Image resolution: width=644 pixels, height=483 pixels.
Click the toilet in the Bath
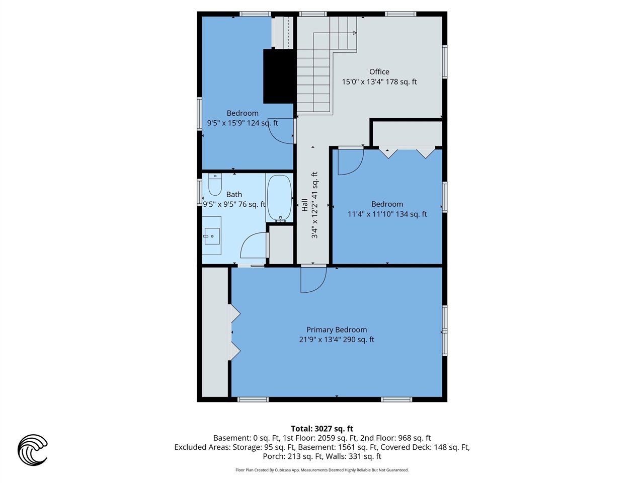tap(215, 184)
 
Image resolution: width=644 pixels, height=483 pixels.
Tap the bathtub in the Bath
tap(279, 198)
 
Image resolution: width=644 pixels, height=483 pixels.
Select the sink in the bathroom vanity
tap(212, 236)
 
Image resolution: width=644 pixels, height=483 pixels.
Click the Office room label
tap(379, 72)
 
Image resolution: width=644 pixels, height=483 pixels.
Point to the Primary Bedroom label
tap(337, 330)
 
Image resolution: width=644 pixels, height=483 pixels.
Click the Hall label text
tap(305, 205)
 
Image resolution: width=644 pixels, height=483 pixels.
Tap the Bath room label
tap(234, 194)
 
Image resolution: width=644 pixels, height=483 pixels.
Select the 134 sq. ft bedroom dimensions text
tap(387, 214)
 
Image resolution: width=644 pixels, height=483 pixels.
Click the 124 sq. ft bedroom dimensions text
tap(243, 123)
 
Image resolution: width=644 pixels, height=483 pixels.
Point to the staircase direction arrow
tap(335, 33)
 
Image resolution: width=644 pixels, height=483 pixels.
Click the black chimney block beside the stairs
tap(279, 76)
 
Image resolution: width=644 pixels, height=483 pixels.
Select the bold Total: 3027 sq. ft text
tap(322, 429)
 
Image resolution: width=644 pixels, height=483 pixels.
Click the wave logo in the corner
tap(33, 450)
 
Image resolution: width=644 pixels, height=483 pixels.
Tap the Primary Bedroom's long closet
tap(215, 332)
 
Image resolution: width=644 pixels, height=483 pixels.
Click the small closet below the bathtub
tap(281, 245)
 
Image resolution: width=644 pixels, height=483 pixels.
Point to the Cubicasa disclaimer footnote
tap(322, 470)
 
